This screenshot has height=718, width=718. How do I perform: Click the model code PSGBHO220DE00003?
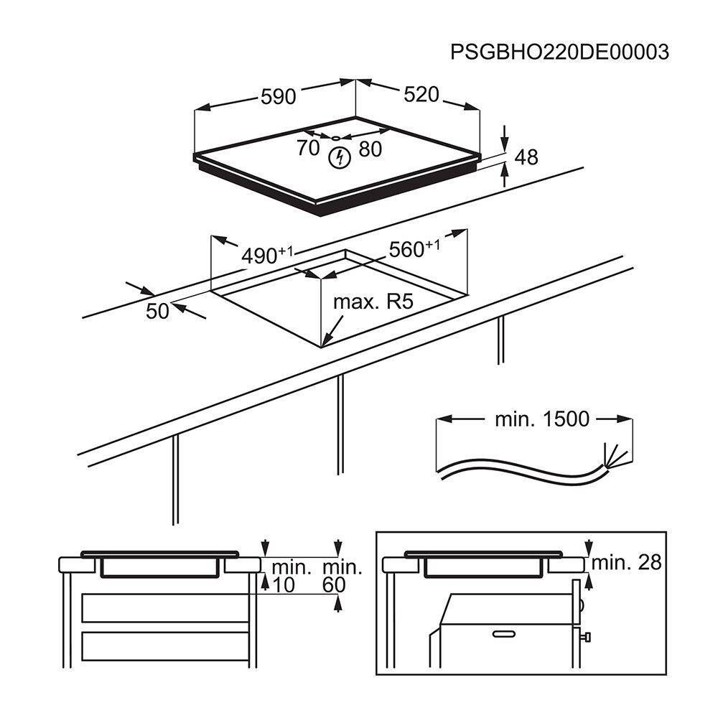[x=559, y=52]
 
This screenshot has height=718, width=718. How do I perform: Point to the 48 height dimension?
[x=526, y=157]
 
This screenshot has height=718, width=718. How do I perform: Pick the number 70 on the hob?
[x=307, y=149]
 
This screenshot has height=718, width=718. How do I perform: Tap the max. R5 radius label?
[x=373, y=302]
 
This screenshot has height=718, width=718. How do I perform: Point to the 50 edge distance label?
[x=157, y=311]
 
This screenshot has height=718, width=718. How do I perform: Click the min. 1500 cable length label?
[x=541, y=419]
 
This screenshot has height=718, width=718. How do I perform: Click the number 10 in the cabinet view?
[x=284, y=585]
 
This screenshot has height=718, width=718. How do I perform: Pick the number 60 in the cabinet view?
[x=335, y=585]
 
